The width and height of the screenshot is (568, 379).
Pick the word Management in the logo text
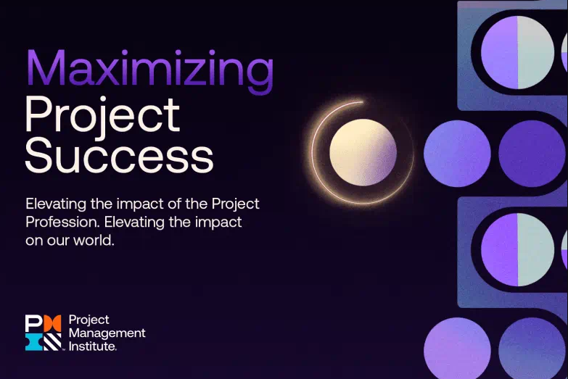107,333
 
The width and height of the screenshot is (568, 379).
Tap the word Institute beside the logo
92,346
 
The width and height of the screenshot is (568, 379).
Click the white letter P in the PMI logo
33,324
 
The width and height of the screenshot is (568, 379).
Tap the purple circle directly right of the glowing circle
456,154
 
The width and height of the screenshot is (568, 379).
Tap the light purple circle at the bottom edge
457,351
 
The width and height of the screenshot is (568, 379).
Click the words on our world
70,241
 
